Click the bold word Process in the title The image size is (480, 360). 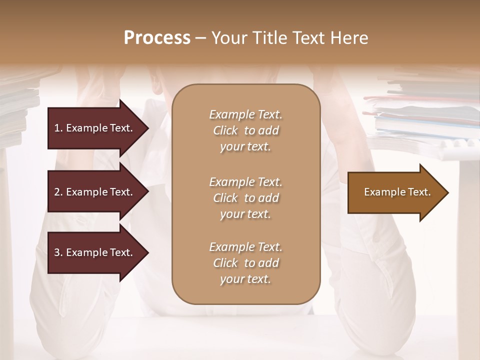coord(157,38)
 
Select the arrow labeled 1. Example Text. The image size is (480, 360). coord(95,128)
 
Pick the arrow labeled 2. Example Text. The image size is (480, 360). coord(95,192)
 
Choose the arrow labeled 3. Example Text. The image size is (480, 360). coord(95,253)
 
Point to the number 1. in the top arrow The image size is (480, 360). coord(58,128)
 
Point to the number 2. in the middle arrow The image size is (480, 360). coord(58,192)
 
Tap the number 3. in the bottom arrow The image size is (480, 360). coord(58,253)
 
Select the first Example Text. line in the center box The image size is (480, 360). coord(245,114)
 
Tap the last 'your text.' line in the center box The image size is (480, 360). coord(245,279)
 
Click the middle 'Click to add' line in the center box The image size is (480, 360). coord(245,198)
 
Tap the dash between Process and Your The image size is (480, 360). coord(200,38)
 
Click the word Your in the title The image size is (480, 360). coord(228,38)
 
